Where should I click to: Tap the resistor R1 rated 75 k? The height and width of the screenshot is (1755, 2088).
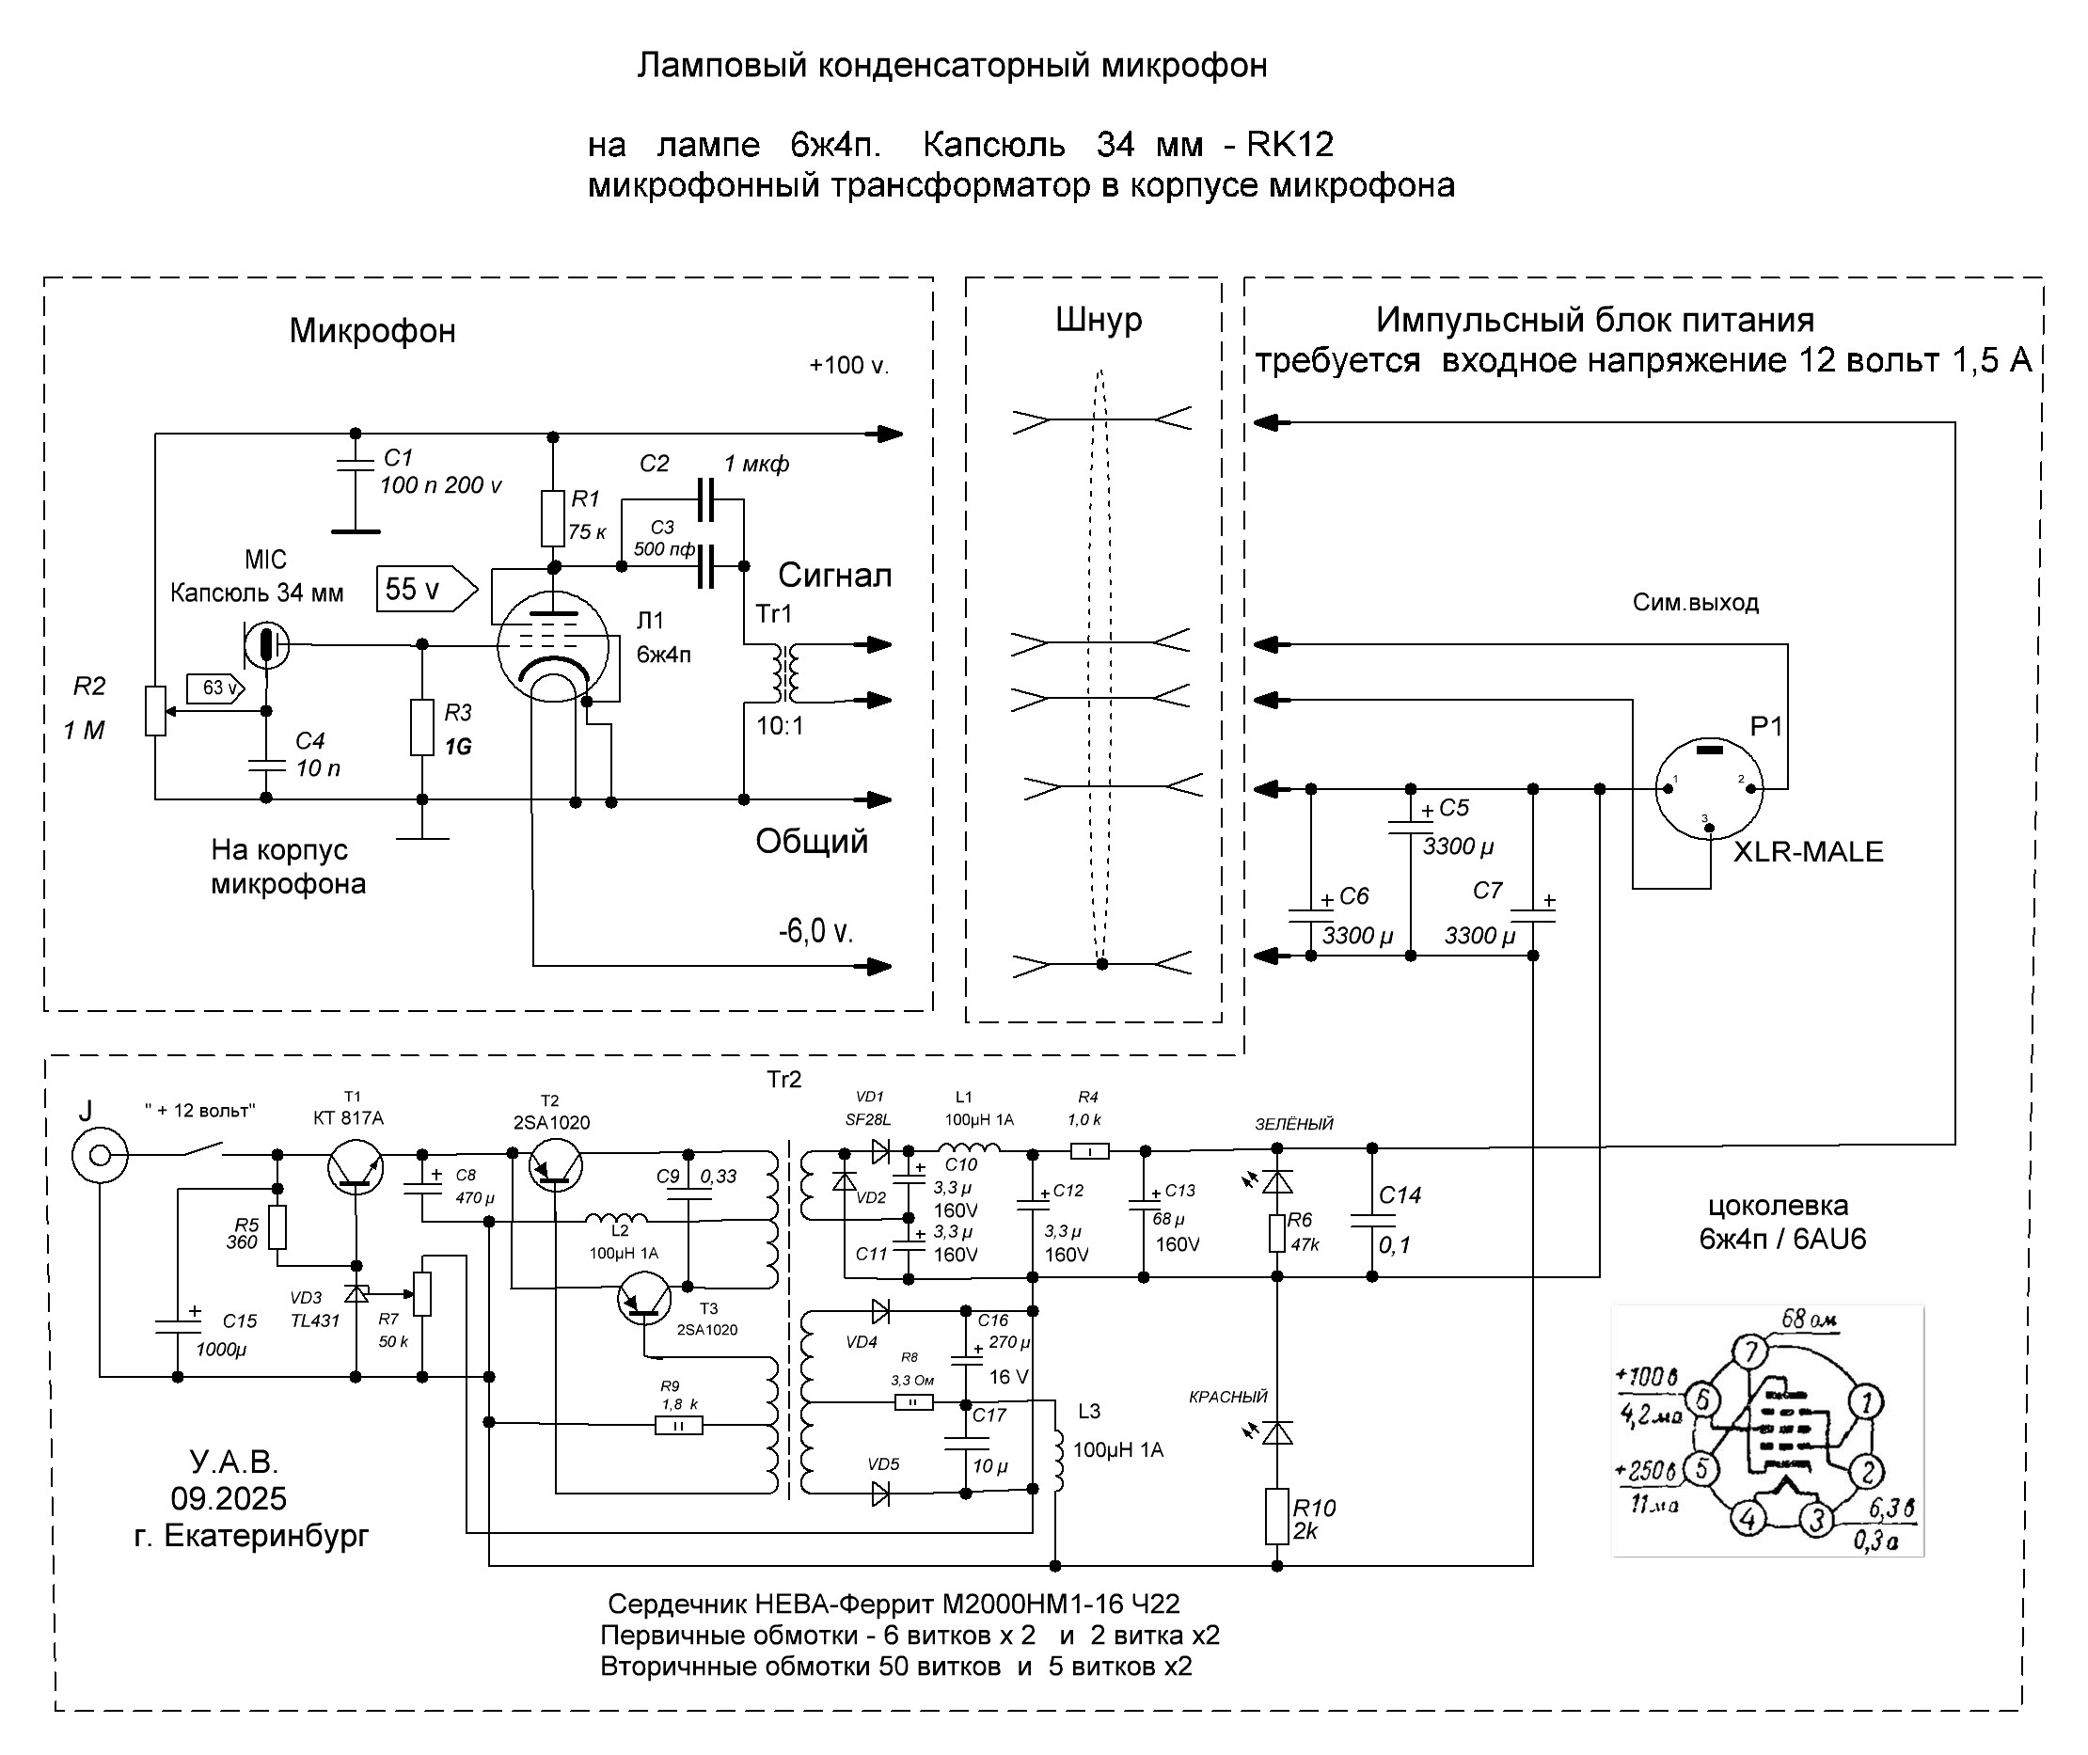[553, 517]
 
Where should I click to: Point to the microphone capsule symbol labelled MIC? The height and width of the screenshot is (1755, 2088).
[265, 644]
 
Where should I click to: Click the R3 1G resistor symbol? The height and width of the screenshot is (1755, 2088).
[421, 727]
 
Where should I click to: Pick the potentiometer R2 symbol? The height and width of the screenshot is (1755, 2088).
[155, 711]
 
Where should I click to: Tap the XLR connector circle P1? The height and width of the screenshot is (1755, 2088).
[1709, 790]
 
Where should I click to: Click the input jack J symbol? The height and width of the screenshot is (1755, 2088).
[100, 1155]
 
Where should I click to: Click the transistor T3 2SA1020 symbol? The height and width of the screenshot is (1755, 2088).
[644, 1297]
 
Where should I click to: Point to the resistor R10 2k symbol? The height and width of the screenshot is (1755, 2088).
[1277, 1516]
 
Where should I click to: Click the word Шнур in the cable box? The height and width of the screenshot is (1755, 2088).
[1099, 320]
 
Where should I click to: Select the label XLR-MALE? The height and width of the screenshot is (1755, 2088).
[1809, 851]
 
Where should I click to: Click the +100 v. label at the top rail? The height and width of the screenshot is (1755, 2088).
[848, 365]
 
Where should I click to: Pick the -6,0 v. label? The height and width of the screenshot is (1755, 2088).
[815, 931]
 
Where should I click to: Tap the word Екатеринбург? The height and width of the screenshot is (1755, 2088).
[265, 1536]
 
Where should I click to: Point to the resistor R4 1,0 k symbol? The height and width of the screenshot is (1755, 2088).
[1090, 1151]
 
